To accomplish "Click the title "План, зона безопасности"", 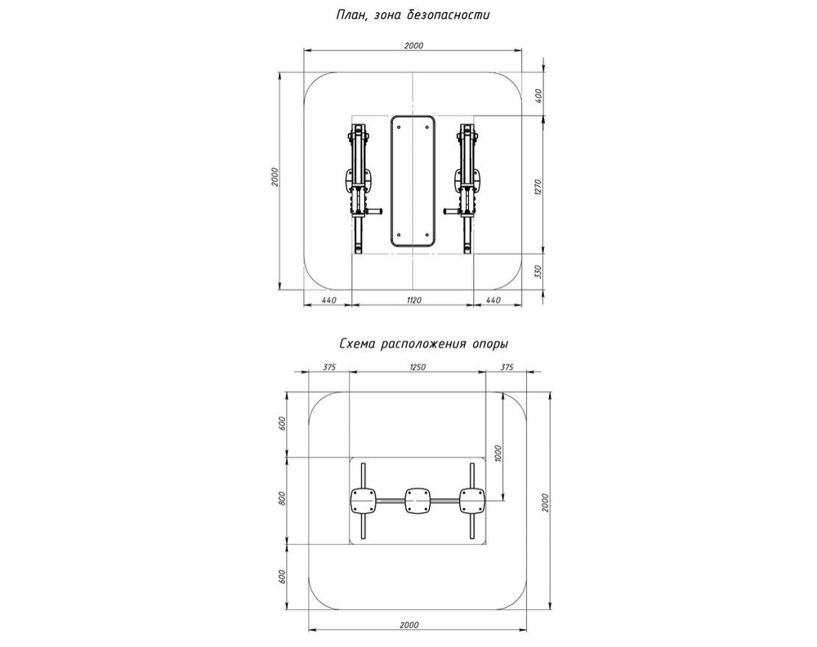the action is pos(413,15).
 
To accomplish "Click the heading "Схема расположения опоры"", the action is pos(412,344).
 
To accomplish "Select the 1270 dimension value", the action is pos(538,187).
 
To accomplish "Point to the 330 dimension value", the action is pos(538,272).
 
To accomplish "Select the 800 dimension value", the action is pos(282,499).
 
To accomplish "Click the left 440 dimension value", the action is pos(328,300).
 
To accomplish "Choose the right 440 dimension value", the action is pos(493,300).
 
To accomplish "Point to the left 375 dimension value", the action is pos(329,367).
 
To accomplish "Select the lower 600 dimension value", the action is pos(282,575).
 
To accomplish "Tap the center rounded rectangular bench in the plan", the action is pos(413,181).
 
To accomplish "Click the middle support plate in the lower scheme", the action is pos(417,500).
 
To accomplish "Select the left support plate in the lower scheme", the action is pos(363,500).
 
